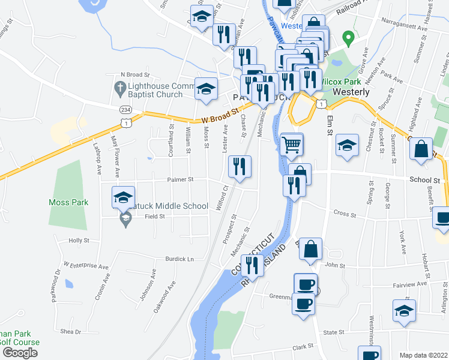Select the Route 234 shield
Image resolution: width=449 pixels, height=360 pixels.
125,110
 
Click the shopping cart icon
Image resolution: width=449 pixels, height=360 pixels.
292,144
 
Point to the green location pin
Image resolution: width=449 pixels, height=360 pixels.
346,38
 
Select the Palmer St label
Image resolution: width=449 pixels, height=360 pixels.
181,179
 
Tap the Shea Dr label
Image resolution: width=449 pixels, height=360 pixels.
70,331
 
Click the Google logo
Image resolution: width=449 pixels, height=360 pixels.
20,353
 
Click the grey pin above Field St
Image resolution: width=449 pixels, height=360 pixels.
125,218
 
